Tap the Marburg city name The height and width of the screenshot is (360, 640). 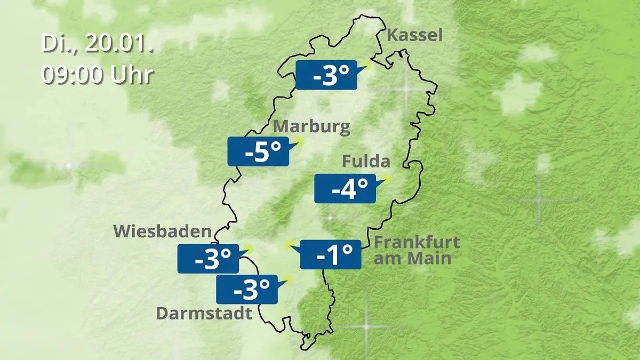point(311,127)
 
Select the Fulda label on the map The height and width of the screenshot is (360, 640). point(366,161)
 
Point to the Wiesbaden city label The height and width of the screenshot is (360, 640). point(162,231)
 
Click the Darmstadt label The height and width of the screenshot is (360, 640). point(204,313)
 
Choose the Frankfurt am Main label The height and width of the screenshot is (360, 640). point(416,250)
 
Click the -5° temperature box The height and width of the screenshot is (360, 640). point(258,151)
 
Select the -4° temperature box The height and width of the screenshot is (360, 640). point(345,188)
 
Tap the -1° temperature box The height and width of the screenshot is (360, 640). point(331,254)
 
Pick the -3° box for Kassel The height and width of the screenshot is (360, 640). point(326,75)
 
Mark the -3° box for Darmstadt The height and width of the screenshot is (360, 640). point(246,289)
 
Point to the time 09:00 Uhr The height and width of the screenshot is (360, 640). point(98,75)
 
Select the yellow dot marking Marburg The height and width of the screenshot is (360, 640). point(299,141)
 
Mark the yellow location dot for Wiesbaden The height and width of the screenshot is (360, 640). point(248,249)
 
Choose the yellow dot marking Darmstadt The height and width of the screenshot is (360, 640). point(288,278)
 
